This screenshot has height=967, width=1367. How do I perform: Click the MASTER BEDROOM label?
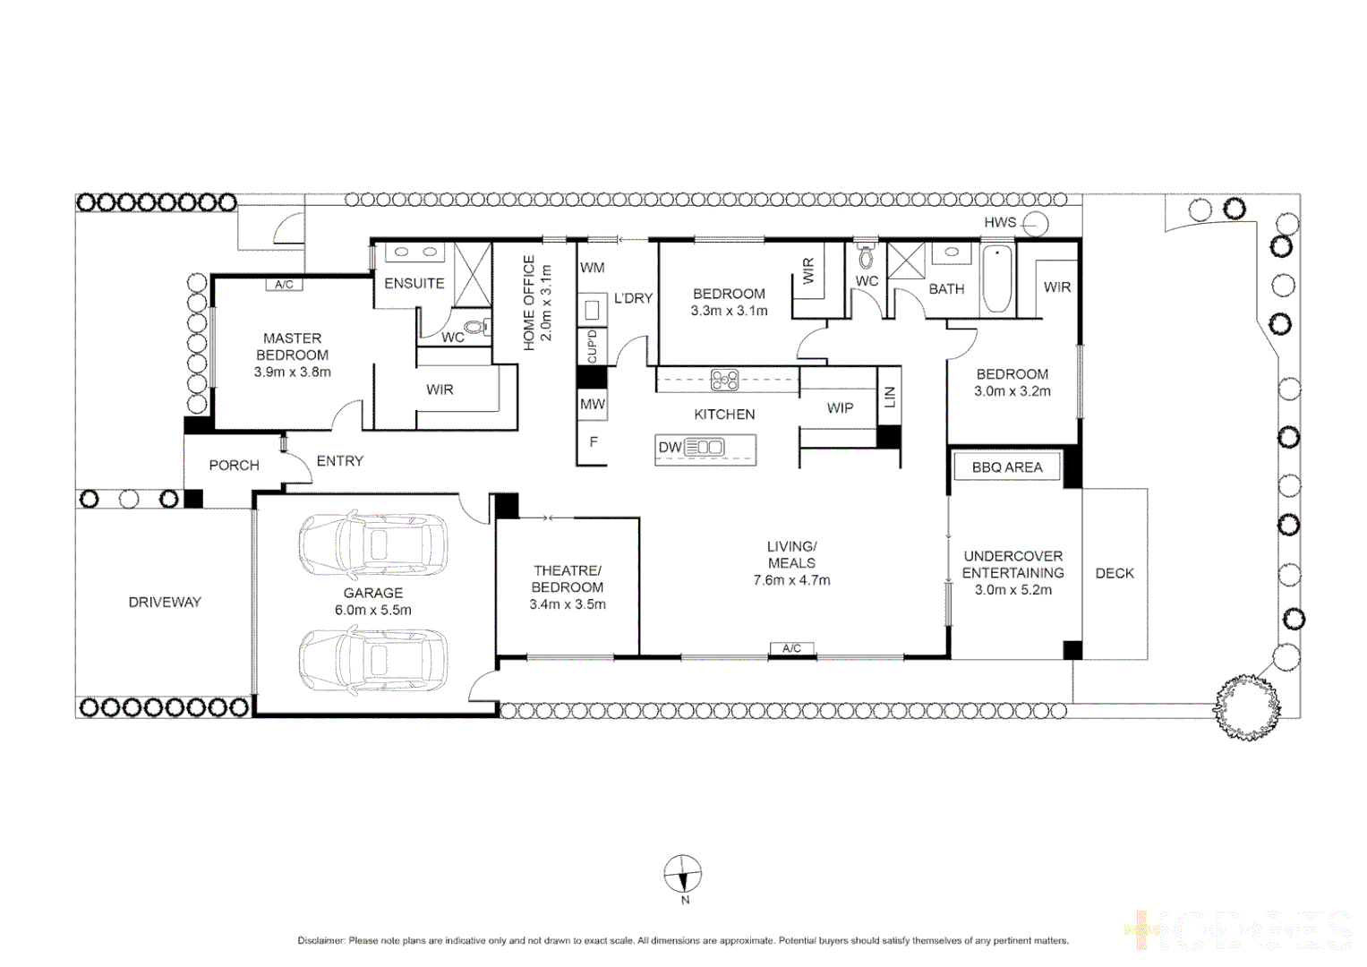click(x=292, y=347)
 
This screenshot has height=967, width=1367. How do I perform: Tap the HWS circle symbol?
click(x=1036, y=223)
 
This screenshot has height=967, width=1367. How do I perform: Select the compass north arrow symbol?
click(x=682, y=873)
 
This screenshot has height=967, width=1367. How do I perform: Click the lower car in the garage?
click(x=372, y=661)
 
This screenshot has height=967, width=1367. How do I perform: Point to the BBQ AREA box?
click(x=1007, y=467)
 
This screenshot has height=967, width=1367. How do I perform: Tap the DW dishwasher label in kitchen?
click(x=670, y=448)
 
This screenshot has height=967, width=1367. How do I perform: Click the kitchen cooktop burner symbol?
click(x=724, y=381)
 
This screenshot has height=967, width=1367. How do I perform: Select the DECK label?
click(x=1115, y=573)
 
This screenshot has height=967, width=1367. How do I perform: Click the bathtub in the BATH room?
click(x=997, y=278)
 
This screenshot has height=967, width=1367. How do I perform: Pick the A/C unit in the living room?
click(x=791, y=648)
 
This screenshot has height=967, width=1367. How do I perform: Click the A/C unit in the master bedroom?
click(x=284, y=285)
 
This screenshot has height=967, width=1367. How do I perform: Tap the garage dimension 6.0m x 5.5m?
click(x=373, y=611)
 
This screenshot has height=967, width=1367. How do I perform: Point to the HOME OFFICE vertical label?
click(x=529, y=302)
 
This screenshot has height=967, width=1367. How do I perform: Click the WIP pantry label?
click(x=840, y=408)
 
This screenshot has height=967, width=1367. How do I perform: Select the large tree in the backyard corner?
click(x=1246, y=705)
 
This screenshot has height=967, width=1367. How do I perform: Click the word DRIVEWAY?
click(x=165, y=603)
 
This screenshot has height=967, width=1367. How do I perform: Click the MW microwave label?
click(x=593, y=405)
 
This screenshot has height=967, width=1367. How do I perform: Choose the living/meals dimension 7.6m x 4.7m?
click(x=791, y=580)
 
